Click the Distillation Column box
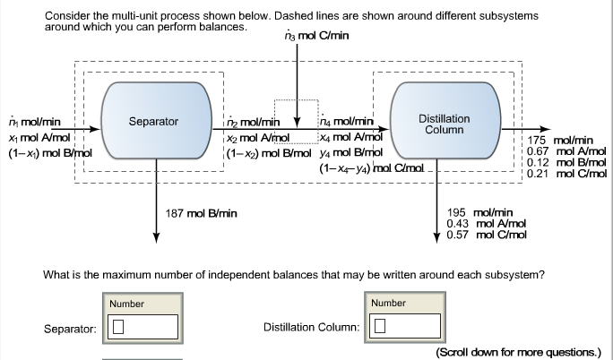click(x=444, y=123)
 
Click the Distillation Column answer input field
click(x=407, y=325)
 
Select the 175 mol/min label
click(x=560, y=141)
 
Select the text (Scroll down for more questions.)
click(x=518, y=352)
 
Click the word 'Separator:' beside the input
click(x=70, y=330)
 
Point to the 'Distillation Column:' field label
click(x=311, y=326)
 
